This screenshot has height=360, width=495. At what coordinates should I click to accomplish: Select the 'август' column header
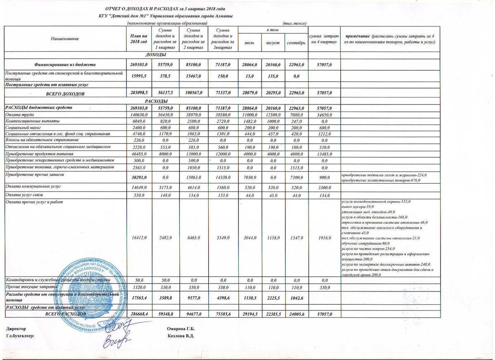(273, 43)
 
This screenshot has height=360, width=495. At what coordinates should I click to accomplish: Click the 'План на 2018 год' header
(138, 38)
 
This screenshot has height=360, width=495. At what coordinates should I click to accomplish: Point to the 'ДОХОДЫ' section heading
(156, 55)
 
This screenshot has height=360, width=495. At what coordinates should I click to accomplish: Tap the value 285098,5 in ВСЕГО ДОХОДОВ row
(139, 94)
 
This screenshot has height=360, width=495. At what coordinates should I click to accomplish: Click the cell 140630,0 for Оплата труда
(139, 114)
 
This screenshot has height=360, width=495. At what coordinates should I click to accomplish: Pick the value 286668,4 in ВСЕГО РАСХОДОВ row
(139, 315)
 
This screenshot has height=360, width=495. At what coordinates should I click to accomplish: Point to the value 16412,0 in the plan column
(139, 238)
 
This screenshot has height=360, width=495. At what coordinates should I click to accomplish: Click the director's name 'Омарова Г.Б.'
(181, 329)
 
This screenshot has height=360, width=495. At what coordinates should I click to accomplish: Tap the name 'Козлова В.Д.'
(181, 336)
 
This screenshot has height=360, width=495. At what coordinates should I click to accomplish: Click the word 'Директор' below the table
(16, 329)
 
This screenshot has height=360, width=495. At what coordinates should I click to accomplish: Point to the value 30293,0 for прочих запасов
(139, 177)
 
